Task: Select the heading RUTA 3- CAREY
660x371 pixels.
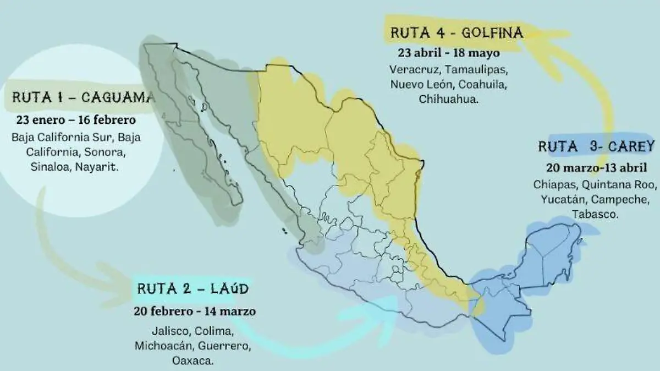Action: coord(596,146)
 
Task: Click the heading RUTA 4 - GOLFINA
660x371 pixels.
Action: coord(457,33)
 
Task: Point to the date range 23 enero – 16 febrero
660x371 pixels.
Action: coord(76,119)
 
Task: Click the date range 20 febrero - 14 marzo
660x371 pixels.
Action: coord(194,311)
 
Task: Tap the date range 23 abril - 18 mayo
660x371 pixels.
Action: coord(449,53)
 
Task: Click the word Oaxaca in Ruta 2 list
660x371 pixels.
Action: coord(193,362)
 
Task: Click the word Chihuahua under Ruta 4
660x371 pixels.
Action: coord(448,100)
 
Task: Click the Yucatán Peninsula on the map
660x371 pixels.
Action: coord(555,248)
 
